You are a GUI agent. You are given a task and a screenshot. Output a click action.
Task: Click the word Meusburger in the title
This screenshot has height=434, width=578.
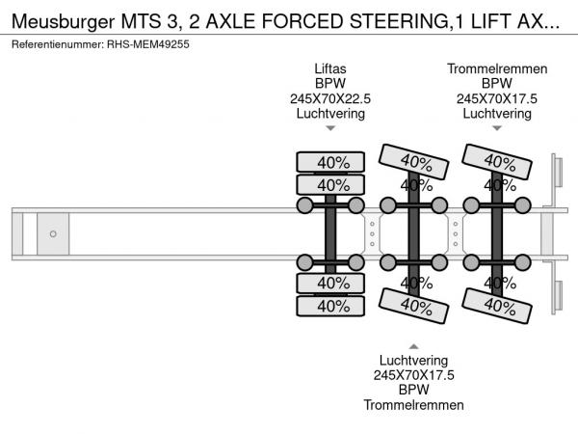click(63, 21)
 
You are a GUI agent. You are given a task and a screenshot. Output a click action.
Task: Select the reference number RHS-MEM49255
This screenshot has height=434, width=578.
click(147, 44)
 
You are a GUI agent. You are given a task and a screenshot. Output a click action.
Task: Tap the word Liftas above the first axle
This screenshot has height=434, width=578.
click(330, 68)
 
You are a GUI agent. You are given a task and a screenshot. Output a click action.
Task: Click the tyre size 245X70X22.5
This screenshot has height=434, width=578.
click(330, 98)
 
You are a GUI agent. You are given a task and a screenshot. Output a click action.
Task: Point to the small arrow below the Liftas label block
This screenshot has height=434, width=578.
click(330, 128)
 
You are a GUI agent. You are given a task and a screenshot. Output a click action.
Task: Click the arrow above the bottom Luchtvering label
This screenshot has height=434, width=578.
click(413, 346)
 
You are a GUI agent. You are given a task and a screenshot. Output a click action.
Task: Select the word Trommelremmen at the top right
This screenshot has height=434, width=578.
click(497, 68)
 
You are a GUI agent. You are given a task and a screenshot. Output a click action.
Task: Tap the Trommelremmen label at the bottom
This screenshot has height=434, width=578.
click(413, 405)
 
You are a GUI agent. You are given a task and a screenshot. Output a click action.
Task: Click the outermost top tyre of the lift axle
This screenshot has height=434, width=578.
click(330, 162)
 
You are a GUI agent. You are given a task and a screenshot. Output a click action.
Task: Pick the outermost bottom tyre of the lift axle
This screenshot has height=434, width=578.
click(330, 306)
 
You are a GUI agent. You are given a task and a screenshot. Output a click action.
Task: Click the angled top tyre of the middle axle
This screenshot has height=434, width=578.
click(413, 162)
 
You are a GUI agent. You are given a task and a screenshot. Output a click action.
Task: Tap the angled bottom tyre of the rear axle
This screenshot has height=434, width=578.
click(497, 306)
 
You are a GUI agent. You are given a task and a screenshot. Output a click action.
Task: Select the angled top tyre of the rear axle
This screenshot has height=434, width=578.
click(497, 162)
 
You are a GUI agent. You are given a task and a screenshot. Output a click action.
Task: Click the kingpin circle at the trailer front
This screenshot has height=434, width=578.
click(53, 234)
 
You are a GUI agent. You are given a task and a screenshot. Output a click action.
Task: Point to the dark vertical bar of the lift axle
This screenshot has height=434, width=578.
click(330, 234)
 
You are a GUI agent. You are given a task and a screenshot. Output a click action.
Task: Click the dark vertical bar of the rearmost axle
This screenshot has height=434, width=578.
click(497, 234)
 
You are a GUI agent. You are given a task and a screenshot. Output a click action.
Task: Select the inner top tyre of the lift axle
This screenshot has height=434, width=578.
click(330, 185)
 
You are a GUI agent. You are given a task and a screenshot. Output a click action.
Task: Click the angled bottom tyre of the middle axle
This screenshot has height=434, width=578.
click(413, 306)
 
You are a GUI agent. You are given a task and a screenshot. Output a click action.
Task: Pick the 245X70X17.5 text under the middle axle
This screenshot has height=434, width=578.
click(413, 375)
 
